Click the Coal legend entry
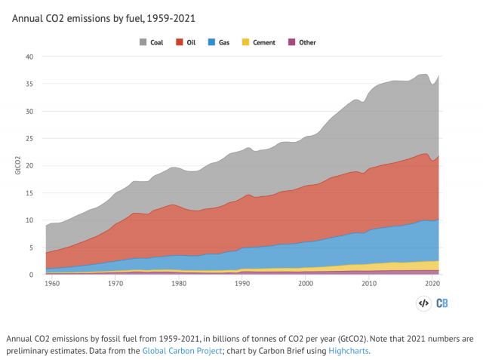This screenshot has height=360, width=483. tap(152, 42)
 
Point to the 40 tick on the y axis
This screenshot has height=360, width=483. tap(29, 57)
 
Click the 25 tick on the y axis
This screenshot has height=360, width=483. tap(29, 139)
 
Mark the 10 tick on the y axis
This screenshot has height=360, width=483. tap(29, 220)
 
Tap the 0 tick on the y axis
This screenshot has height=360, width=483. tap(32, 275)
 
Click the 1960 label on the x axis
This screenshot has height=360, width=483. tap(52, 284)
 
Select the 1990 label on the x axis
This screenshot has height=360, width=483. tap(242, 284)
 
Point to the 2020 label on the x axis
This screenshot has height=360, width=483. tap(432, 284)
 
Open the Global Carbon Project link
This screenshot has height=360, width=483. tap(179, 350)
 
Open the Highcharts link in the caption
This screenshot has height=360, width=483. tap(349, 350)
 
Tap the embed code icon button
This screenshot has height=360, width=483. tap(423, 303)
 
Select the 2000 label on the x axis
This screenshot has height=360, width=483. tap(306, 284)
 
